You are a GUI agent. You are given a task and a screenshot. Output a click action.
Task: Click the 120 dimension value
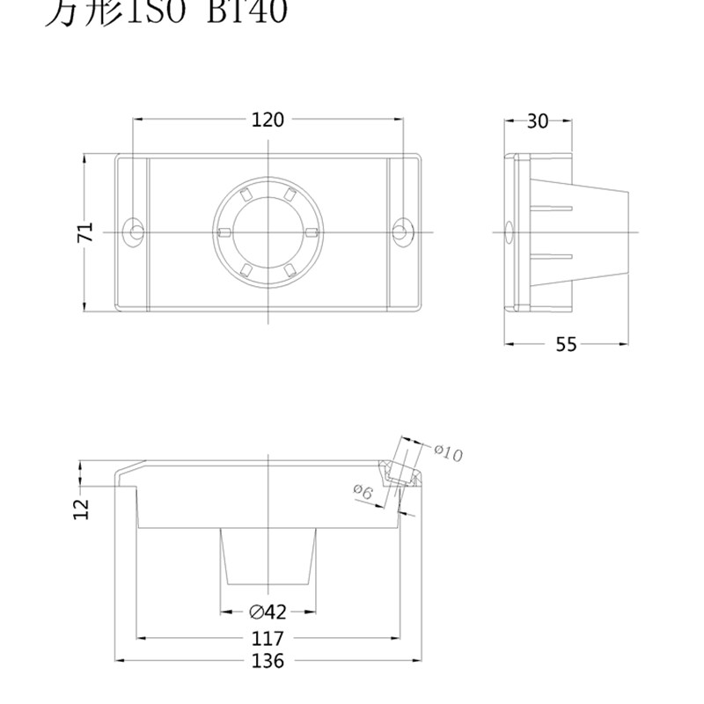click(268, 121)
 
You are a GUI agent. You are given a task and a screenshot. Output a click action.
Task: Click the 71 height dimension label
click(85, 232)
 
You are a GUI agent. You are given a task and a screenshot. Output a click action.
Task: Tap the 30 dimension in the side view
click(537, 121)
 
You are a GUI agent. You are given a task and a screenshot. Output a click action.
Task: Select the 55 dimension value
click(566, 345)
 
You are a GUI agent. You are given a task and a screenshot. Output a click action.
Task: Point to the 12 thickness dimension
click(82, 508)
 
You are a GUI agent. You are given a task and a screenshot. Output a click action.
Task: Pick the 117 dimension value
click(268, 638)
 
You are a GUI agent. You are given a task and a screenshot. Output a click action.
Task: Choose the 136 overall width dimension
click(268, 661)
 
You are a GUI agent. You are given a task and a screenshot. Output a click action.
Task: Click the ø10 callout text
click(449, 452)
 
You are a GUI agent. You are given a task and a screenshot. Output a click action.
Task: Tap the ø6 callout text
click(363, 492)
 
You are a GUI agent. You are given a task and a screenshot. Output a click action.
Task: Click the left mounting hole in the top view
click(135, 231)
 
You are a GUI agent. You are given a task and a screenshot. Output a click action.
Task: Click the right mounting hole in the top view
click(401, 231)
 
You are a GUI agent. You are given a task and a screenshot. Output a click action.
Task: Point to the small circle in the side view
click(507, 232)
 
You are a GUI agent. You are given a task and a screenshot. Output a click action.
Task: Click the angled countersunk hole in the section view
click(403, 473)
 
